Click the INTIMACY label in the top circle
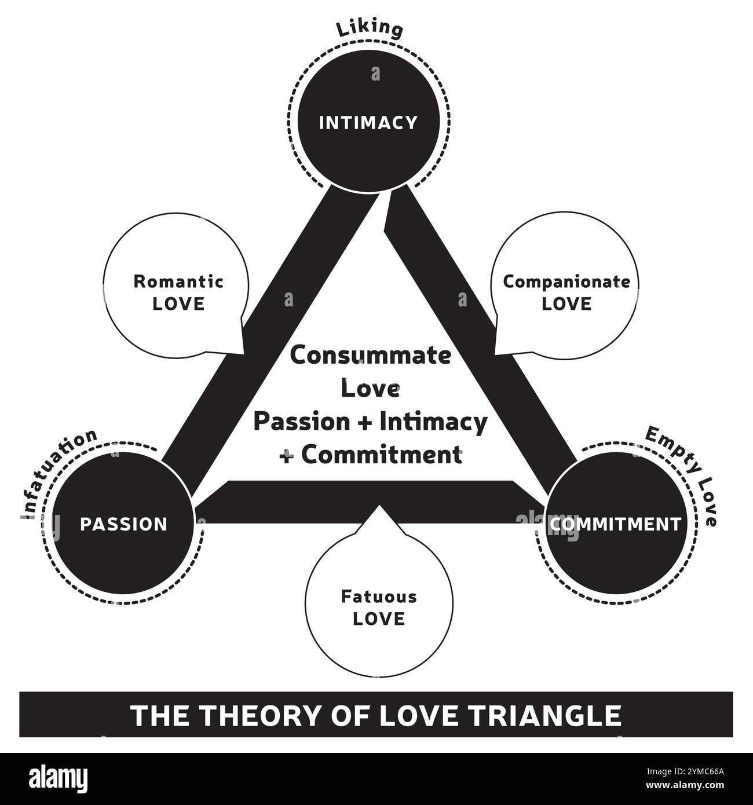tap(368, 123)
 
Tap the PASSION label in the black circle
tap(123, 524)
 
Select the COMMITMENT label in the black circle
tap(615, 524)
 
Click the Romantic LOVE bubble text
tap(178, 292)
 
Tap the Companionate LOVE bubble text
tap(566, 292)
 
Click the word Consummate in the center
tap(370, 355)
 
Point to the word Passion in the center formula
tap(302, 422)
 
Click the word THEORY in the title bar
tap(251, 715)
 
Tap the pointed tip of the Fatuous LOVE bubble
tap(379, 506)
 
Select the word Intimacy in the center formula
tap(433, 422)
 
